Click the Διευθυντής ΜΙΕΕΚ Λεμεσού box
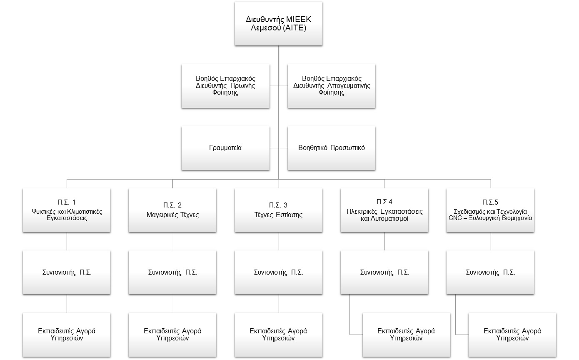(279, 24)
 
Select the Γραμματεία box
(225, 148)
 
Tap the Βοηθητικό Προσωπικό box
(332, 148)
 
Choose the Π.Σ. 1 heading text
(67, 202)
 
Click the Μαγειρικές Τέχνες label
(172, 215)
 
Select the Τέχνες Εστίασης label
(278, 215)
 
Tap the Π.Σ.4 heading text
(384, 202)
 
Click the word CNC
(455, 218)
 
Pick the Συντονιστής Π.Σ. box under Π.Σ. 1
(67, 272)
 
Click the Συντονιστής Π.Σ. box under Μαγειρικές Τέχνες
(172, 272)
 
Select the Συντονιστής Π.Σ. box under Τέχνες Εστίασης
(279, 272)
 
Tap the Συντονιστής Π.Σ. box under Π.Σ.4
(384, 272)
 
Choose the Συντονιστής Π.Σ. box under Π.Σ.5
(490, 272)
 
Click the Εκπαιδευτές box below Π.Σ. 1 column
(67, 335)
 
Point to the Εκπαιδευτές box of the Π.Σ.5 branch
(512, 335)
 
